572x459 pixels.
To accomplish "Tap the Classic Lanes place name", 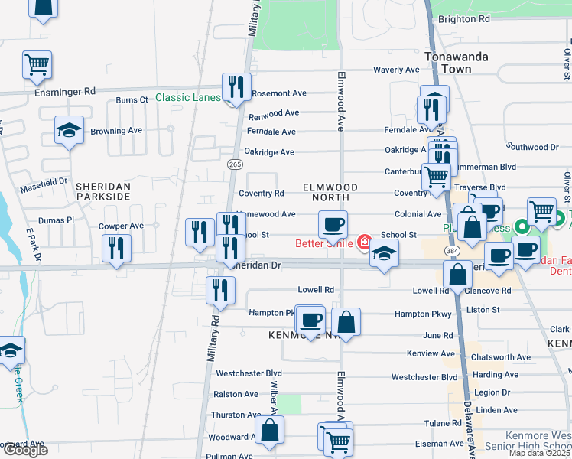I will (x=187, y=97).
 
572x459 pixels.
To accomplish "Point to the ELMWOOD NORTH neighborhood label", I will (x=330, y=192).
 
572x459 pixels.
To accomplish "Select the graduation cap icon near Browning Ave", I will (x=69, y=131).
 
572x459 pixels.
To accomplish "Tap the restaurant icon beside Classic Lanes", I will (x=236, y=87).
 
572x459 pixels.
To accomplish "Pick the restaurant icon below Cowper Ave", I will (x=116, y=249).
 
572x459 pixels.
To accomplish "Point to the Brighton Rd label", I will (x=463, y=19).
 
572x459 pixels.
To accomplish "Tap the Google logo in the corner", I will (x=24, y=450).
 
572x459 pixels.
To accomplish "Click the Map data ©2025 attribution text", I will (x=538, y=453).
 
